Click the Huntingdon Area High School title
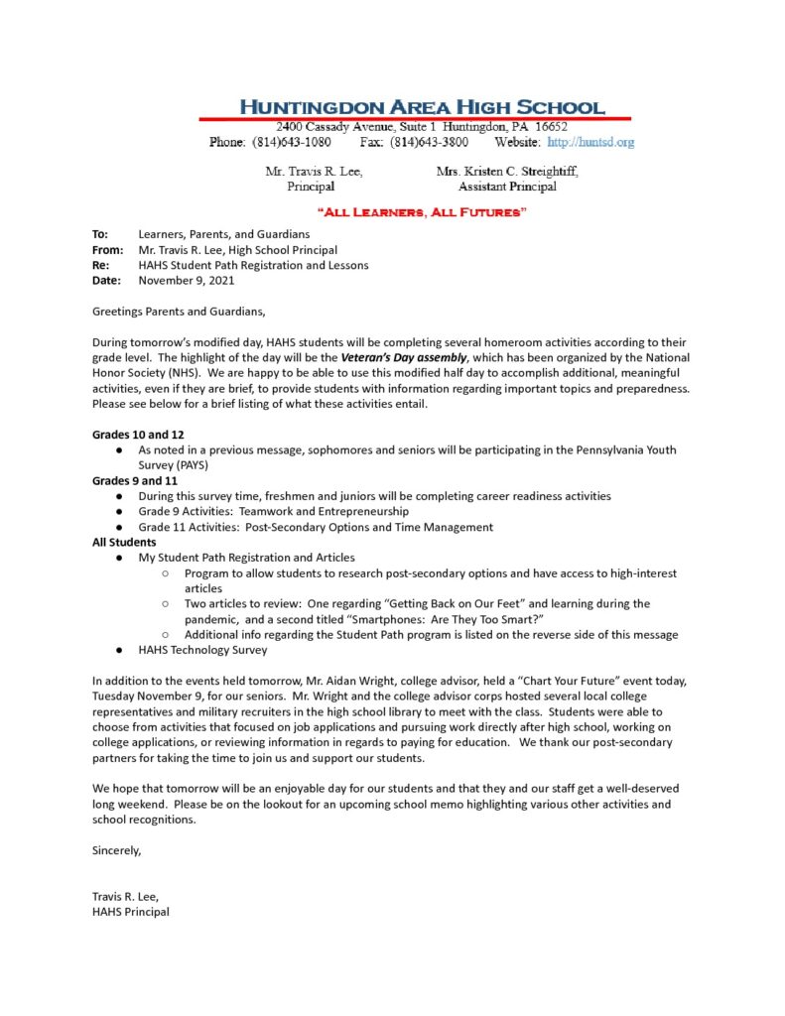point(421,107)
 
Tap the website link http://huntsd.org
point(590,142)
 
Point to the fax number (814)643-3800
point(430,142)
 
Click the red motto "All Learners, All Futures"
point(421,211)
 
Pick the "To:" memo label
point(100,234)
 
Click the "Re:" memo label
point(101,265)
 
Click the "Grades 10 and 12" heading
point(138,435)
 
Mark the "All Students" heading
point(124,543)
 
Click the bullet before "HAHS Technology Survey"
point(118,651)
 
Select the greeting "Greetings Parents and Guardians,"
point(179,312)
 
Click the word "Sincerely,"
point(117,850)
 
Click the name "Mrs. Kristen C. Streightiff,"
point(507,172)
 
